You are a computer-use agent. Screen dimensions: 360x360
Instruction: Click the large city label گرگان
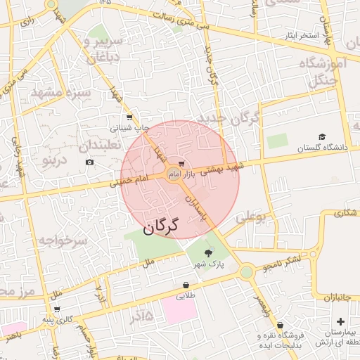(162, 227)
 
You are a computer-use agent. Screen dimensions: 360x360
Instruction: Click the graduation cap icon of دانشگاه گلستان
(322, 136)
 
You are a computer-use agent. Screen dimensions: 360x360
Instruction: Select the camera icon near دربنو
(89, 162)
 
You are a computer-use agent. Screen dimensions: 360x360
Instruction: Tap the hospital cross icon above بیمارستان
(341, 321)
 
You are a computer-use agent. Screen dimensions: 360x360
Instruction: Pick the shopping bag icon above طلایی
(185, 285)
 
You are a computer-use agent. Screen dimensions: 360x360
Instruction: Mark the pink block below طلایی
(181, 310)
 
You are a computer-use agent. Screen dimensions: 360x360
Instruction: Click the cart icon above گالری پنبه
(56, 309)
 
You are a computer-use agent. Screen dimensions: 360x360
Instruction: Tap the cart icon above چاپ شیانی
(129, 117)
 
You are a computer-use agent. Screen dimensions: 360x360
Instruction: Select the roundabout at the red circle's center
(174, 174)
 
